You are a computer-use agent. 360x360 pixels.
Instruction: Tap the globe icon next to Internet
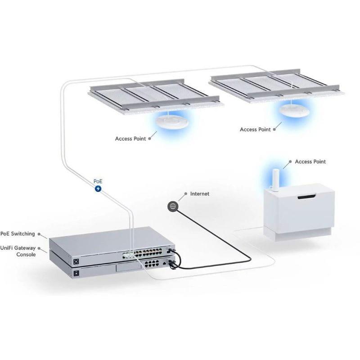tap(172, 206)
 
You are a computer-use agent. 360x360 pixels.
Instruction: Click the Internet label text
tap(200, 193)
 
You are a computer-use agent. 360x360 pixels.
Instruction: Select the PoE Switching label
tap(17, 234)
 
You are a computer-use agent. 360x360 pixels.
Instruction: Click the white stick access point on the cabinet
tap(274, 178)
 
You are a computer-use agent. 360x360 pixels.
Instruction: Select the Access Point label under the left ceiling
tap(130, 139)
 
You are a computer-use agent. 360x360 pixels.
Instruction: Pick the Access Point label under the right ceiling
tap(255, 129)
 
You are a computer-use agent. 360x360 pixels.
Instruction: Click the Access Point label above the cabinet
tap(310, 161)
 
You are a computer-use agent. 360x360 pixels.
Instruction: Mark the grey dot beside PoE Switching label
tap(40, 234)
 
